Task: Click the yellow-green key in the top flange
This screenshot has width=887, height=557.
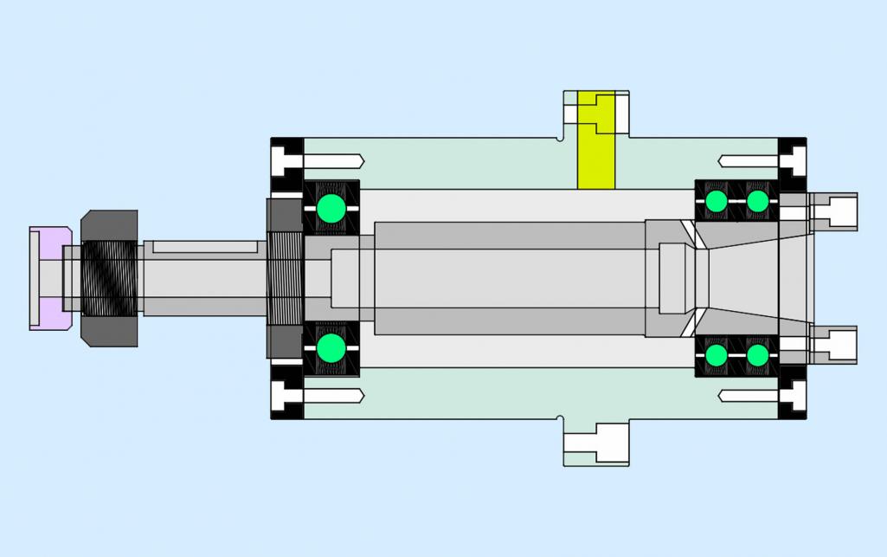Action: point(595,143)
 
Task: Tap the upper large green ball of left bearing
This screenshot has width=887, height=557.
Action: point(331,209)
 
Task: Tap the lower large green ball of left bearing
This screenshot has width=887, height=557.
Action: point(331,348)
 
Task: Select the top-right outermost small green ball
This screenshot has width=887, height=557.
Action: point(757,201)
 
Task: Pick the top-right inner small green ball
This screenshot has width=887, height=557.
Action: point(716,201)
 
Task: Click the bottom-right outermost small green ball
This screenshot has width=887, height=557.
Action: point(757,355)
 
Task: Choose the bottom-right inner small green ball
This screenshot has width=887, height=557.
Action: point(716,355)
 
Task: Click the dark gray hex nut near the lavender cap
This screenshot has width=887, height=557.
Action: point(109,278)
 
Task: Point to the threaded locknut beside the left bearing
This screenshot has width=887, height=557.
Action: point(283,278)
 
